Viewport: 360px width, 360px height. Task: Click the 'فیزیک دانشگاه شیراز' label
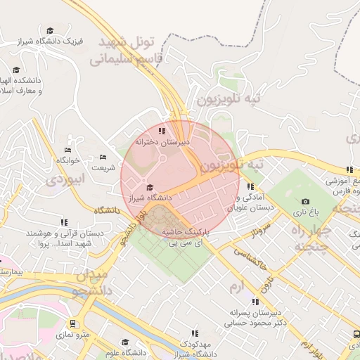(53, 41)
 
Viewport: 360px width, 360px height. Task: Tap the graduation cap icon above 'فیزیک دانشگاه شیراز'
(50, 30)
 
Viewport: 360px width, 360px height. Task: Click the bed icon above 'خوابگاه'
(67, 150)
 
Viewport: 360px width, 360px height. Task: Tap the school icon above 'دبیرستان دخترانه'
(162, 130)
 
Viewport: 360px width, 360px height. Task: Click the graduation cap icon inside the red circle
(149, 187)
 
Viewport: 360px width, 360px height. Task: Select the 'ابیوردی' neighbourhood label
(65, 180)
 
